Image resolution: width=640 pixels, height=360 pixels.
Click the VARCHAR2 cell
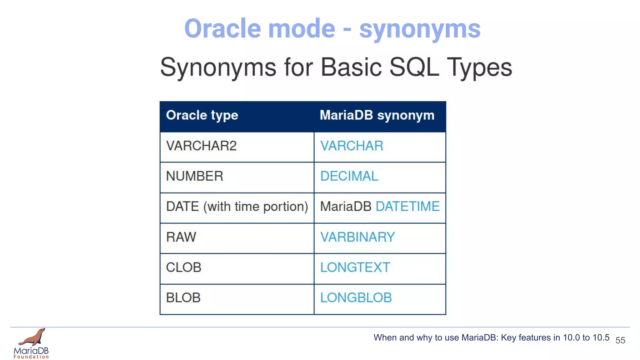pos(201,146)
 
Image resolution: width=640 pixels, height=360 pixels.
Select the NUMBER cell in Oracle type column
pos(194,176)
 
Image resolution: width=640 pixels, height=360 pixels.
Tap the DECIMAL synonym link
pos(349,176)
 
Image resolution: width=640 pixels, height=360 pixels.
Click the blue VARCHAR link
pos(352,146)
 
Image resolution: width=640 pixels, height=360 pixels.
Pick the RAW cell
pos(181,237)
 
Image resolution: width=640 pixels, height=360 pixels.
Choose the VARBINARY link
pos(357,237)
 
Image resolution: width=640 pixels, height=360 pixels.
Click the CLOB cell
pos(183,267)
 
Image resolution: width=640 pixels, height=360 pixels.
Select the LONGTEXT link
pos(355,267)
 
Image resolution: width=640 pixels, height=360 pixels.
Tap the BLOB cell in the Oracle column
pos(183,298)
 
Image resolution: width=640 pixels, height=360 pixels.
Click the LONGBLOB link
pos(356,298)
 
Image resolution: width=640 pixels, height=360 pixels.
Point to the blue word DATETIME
pos(407,207)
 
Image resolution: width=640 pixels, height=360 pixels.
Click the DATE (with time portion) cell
pos(237,207)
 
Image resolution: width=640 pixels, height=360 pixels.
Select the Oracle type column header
pos(202,115)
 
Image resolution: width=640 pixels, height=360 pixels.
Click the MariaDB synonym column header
pos(377,115)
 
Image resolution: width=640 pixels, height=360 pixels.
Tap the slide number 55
pos(620,340)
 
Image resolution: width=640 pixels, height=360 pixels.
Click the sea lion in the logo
pos(33,337)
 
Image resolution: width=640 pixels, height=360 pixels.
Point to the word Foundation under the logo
pos(31,357)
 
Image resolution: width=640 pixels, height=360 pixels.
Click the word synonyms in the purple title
pos(420,29)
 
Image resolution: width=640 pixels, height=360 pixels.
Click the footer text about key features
pos(491,338)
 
